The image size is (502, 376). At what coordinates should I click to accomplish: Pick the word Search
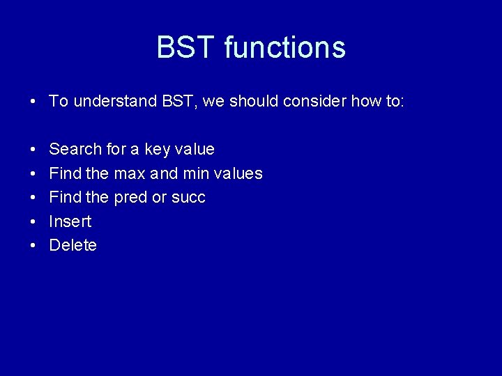[x=75, y=149]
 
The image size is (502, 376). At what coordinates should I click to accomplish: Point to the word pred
[x=130, y=197]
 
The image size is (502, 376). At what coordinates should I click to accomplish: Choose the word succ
[x=189, y=198]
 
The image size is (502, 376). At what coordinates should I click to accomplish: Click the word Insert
[x=70, y=221]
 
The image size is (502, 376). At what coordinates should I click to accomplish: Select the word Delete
[x=73, y=245]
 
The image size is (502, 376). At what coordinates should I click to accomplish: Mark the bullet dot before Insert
[x=33, y=222]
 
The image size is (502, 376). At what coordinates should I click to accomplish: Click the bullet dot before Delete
[x=33, y=246]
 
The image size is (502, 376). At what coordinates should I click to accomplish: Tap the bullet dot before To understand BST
[x=33, y=102]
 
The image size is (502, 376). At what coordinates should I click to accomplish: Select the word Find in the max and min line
[x=66, y=173]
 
